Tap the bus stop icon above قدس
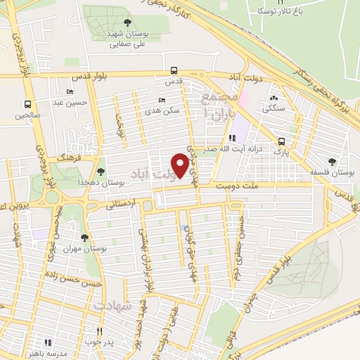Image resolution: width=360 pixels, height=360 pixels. point(174,70)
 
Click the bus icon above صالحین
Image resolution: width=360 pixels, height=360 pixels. point(28,104)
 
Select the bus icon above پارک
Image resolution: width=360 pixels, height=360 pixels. point(281,140)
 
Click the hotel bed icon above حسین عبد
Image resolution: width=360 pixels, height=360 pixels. point(70,91)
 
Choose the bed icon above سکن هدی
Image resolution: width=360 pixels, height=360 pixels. point(162,101)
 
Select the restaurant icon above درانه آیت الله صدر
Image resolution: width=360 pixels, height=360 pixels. point(231,138)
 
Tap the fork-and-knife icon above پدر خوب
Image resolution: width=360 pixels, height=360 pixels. point(100,330)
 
